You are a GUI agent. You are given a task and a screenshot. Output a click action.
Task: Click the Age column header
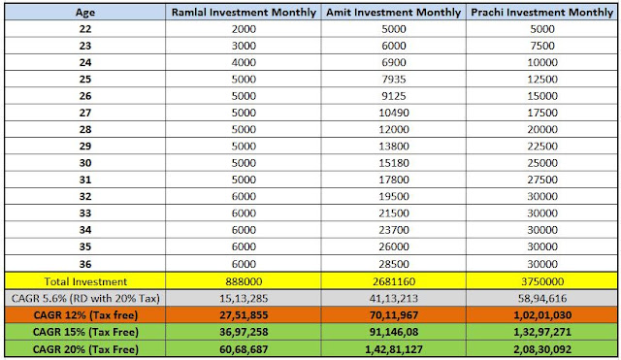[85, 13]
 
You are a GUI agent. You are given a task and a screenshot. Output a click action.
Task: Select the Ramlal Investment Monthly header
[244, 13]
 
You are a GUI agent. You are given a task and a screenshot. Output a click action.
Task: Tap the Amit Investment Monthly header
[394, 13]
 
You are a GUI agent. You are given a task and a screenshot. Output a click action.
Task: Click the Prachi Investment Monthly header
[542, 13]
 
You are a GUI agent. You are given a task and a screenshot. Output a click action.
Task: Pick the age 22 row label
[85, 29]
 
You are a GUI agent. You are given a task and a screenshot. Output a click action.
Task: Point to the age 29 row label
[85, 147]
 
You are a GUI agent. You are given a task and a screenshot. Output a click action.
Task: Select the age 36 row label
[85, 264]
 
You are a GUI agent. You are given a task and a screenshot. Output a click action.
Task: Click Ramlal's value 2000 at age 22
[244, 29]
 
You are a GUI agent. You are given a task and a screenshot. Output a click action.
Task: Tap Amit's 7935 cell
[394, 80]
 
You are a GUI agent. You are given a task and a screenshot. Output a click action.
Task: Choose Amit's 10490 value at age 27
[394, 113]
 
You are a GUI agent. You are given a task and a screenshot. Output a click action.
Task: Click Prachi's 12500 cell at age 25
[542, 80]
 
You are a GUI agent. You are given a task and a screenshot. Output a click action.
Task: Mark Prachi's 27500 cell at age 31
[542, 180]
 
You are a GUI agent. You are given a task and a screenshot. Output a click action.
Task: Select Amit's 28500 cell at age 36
[394, 264]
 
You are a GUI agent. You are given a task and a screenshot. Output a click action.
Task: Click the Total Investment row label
[85, 281]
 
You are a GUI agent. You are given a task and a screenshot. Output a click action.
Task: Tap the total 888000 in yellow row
[244, 281]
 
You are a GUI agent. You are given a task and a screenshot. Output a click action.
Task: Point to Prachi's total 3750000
[542, 281]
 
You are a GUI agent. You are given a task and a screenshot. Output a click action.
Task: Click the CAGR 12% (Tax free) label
[85, 315]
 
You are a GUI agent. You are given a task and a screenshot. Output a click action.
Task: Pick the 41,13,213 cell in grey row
[394, 298]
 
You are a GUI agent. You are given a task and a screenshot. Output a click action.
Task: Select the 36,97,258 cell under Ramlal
[244, 332]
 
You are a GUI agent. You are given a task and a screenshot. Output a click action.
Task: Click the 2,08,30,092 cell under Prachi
[542, 349]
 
